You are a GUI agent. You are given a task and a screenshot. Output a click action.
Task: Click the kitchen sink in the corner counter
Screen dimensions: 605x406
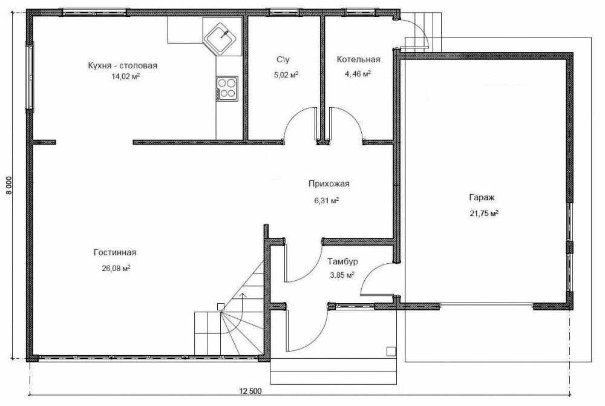pos(220,38)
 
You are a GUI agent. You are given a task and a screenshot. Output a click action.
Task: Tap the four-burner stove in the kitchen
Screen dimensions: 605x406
pos(226,88)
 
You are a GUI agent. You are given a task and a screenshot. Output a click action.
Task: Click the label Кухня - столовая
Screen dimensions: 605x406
pos(122,65)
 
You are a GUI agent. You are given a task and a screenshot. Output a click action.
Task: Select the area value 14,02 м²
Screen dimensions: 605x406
pos(125,76)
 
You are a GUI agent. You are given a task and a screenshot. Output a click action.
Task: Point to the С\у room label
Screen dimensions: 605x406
pos(283,59)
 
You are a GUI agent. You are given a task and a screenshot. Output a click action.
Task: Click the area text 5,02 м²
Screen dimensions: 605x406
pos(286,74)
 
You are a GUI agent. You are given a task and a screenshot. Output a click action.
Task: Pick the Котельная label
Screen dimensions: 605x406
pos(358,59)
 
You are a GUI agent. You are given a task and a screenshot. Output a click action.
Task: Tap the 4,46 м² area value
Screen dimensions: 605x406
pos(358,73)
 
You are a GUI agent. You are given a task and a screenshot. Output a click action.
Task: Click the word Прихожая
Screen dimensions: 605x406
pos(329,184)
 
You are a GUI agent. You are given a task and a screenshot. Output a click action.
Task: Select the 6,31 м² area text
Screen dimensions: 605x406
pos(327,200)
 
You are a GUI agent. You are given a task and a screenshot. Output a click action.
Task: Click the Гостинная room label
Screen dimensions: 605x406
pos(114,252)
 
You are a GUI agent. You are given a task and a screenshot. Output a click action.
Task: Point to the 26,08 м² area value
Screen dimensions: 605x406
pos(116,268)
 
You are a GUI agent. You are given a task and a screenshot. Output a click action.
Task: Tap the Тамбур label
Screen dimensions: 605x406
pos(342,261)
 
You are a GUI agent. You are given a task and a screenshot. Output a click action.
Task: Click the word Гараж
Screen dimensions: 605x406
pos(482,198)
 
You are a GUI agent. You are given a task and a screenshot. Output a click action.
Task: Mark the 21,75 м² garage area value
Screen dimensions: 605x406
pos(484,214)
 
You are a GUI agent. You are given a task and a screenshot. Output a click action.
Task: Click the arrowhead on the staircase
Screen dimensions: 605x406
pos(243,295)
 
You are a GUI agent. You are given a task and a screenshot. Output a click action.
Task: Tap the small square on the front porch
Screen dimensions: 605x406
pos(391,351)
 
